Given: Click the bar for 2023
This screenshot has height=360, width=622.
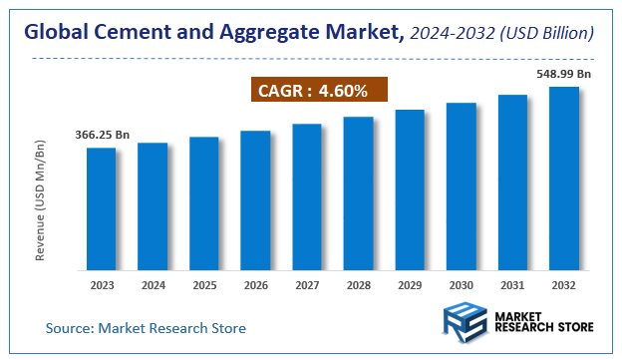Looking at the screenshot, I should [101, 208].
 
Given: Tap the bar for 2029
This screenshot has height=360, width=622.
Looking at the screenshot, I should [410, 189].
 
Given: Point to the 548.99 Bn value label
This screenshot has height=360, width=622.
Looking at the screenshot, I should [564, 74].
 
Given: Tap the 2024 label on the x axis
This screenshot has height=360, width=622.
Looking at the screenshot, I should [153, 285].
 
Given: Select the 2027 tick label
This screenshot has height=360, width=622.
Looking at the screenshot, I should [307, 285].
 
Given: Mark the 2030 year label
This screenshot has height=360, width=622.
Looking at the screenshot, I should [461, 285].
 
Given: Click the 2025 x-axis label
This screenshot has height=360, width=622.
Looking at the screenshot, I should [203, 285].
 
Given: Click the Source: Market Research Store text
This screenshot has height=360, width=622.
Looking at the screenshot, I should [146, 327].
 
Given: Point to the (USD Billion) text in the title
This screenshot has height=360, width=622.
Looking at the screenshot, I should [546, 34].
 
